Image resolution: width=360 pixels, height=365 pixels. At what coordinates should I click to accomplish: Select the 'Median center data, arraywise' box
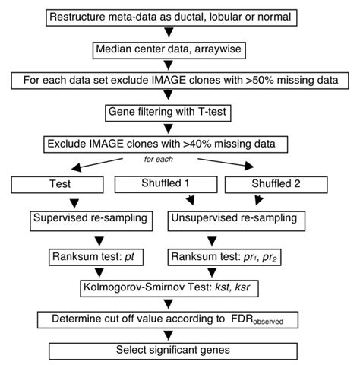tap(169, 49)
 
